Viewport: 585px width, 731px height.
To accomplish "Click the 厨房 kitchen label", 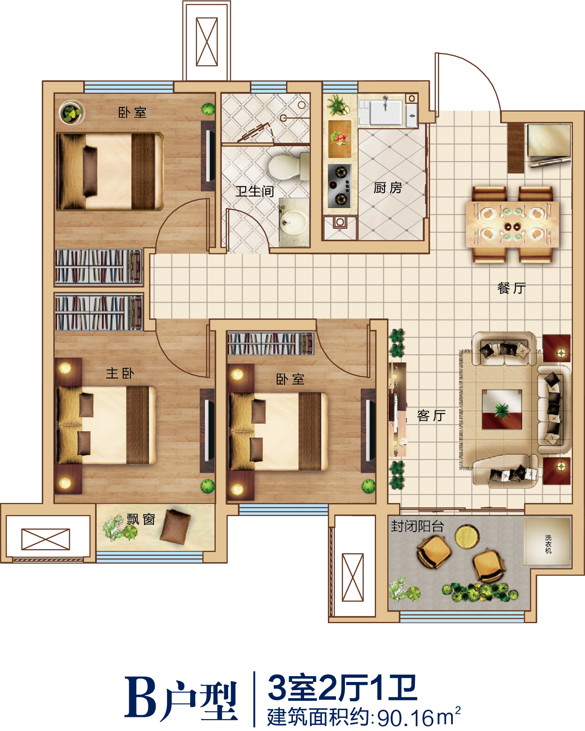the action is (388, 188).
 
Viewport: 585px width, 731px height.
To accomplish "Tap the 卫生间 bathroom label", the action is (255, 191).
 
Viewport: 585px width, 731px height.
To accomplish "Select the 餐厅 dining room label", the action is (511, 288).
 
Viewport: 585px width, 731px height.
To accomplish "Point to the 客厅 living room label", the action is (432, 415).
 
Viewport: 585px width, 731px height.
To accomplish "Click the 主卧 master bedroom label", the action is (120, 373).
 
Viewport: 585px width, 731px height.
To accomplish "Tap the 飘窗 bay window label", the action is (141, 520).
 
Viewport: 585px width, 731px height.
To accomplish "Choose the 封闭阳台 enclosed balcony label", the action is (417, 526).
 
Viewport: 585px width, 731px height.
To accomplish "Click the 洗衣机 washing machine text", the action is (548, 544).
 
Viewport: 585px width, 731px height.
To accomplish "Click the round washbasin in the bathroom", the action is (293, 222).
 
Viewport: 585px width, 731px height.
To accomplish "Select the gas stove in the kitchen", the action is (339, 186).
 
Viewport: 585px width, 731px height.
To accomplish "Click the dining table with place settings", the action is (513, 224).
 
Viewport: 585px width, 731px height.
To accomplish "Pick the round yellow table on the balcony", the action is (467, 537).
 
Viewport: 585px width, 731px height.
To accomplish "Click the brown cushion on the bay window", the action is (175, 526).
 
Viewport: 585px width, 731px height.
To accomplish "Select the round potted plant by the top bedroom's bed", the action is (72, 113).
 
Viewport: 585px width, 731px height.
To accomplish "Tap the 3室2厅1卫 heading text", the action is (342, 688).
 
